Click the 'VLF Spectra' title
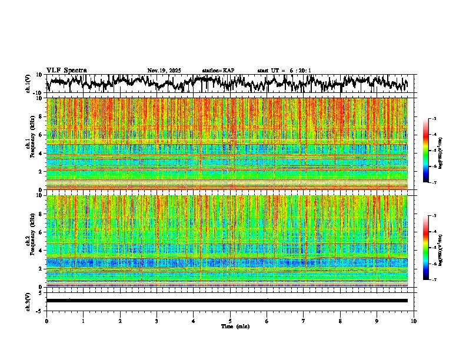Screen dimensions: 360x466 click(66, 70)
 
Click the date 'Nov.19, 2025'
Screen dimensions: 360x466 click(164, 71)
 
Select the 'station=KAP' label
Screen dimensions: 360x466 click(218, 71)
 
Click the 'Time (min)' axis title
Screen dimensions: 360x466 click(235, 326)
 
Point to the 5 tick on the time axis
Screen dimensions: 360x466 click(230, 321)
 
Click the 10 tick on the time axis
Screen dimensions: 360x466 click(414, 321)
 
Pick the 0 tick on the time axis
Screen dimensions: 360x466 click(46, 321)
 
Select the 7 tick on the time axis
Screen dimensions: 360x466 click(304, 321)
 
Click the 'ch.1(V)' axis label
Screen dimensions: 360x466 click(28, 84)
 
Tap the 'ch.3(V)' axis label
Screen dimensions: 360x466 click(28, 301)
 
